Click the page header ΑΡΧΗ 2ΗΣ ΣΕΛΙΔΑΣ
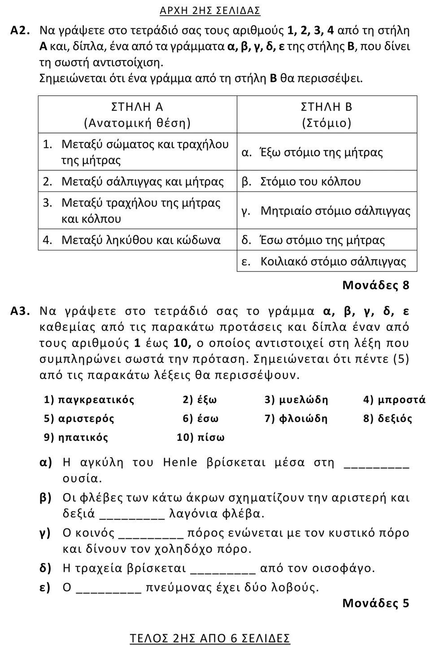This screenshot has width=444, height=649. click(210, 10)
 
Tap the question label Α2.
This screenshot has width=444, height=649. click(20, 30)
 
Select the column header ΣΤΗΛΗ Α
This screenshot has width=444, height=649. click(137, 107)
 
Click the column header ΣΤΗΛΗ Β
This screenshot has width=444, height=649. click(326, 107)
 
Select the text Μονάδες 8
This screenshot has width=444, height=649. click(376, 285)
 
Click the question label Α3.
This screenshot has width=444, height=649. click(20, 311)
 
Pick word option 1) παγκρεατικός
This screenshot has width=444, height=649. click(89, 400)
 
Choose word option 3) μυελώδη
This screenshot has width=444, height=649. click(296, 400)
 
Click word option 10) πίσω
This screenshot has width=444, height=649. click(200, 437)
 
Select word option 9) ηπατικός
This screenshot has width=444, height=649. click(76, 437)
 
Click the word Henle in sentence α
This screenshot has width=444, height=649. click(180, 462)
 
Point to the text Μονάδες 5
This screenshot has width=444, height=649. click(376, 603)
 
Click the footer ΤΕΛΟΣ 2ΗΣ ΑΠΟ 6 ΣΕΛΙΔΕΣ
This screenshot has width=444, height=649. click(210, 638)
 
